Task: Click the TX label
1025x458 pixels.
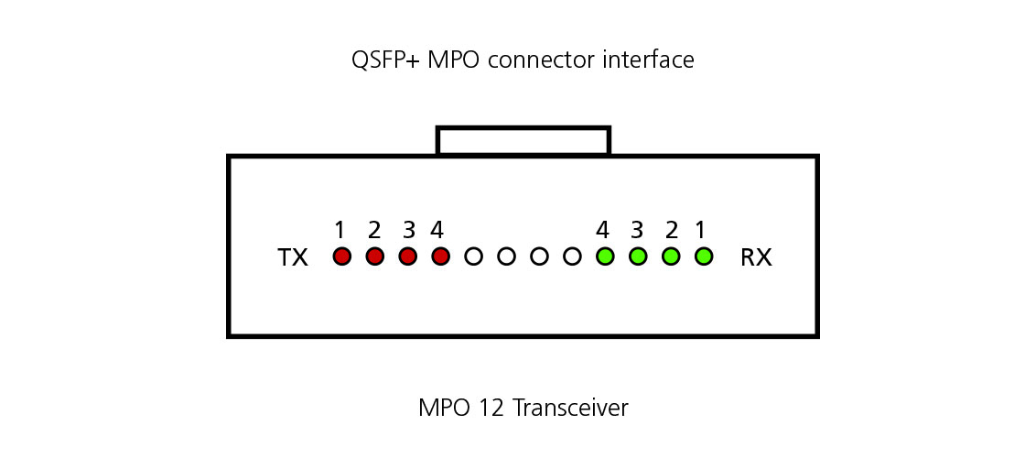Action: click(293, 258)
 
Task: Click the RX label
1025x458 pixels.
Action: click(756, 258)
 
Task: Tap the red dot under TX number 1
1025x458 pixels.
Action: click(341, 256)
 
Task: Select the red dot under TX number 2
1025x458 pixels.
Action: click(374, 256)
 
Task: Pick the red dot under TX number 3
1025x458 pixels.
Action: click(407, 256)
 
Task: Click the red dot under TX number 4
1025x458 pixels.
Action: click(440, 256)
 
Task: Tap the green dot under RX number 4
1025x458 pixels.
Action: click(604, 256)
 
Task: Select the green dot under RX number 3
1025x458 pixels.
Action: click(638, 256)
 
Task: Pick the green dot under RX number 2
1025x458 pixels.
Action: click(671, 256)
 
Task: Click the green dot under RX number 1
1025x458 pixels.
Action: click(703, 256)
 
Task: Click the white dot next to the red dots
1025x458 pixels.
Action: click(473, 256)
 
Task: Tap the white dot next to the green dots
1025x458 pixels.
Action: click(572, 256)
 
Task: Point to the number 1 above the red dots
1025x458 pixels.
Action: click(340, 229)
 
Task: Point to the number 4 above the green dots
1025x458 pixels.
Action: click(602, 229)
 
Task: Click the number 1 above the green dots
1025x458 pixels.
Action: click(701, 229)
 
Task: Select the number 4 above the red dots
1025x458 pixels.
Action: click(437, 229)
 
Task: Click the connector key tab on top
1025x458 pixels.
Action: click(523, 141)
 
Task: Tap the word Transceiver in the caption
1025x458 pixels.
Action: click(570, 407)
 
